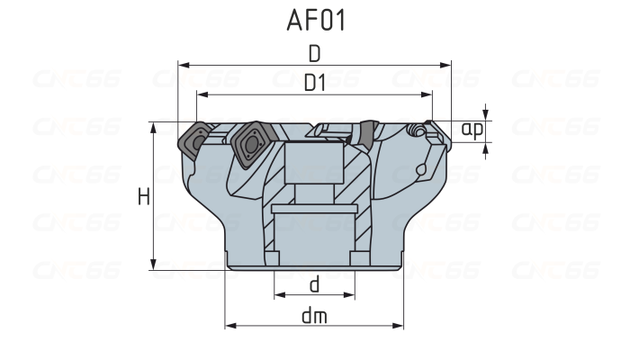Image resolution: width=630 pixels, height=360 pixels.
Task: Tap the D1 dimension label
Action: [x=314, y=83]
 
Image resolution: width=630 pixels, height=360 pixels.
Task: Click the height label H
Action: [x=143, y=196]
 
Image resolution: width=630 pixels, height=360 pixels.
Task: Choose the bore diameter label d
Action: [x=314, y=284]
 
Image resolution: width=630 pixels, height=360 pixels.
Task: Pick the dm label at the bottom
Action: [x=314, y=315]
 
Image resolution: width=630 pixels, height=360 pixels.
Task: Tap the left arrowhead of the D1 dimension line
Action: [x=202, y=94]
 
